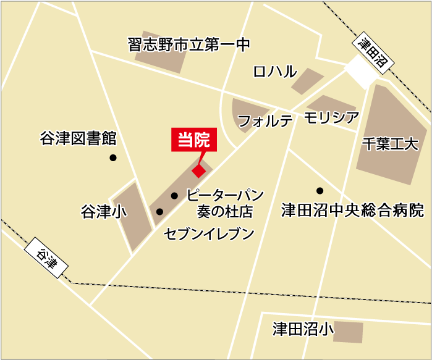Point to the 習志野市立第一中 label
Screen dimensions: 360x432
188,45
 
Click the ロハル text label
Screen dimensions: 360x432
275,72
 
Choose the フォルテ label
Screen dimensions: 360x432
265,121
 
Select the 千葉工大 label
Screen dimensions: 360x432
390,144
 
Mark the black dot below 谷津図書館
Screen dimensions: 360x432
113,157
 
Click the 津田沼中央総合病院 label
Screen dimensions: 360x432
352,211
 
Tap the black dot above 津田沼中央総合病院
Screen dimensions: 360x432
320,190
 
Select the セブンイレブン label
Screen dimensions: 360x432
210,233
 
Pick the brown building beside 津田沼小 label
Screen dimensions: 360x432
349,331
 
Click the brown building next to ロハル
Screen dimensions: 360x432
307,81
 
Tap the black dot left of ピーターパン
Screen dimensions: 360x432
174,195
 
